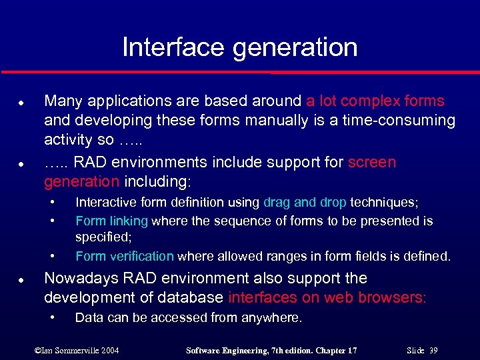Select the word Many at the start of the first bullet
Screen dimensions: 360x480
61,101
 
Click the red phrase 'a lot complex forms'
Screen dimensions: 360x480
375,101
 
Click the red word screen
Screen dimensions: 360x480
372,163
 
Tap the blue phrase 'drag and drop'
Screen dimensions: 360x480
305,202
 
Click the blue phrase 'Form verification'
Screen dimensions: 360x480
125,256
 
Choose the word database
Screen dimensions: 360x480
192,297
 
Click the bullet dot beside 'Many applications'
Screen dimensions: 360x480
23,102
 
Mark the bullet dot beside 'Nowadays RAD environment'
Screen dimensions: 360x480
23,279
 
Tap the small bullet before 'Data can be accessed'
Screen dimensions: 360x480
53,317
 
